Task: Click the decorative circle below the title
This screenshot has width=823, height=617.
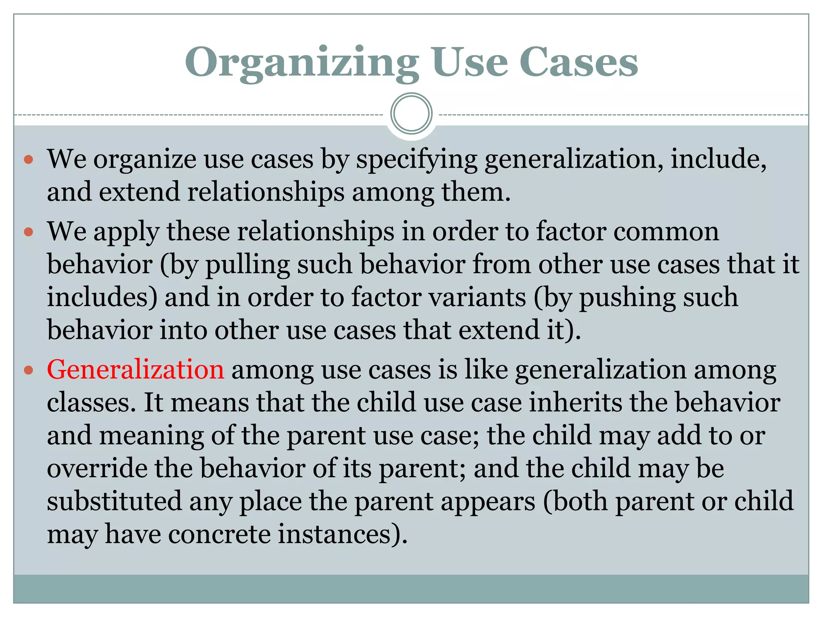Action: point(411,114)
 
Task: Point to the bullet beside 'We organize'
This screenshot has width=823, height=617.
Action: point(28,160)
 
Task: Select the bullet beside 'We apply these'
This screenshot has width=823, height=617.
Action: point(28,232)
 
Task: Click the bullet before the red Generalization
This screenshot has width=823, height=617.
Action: point(28,370)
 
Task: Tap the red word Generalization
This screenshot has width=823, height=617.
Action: point(135,369)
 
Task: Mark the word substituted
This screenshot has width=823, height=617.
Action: point(114,501)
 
